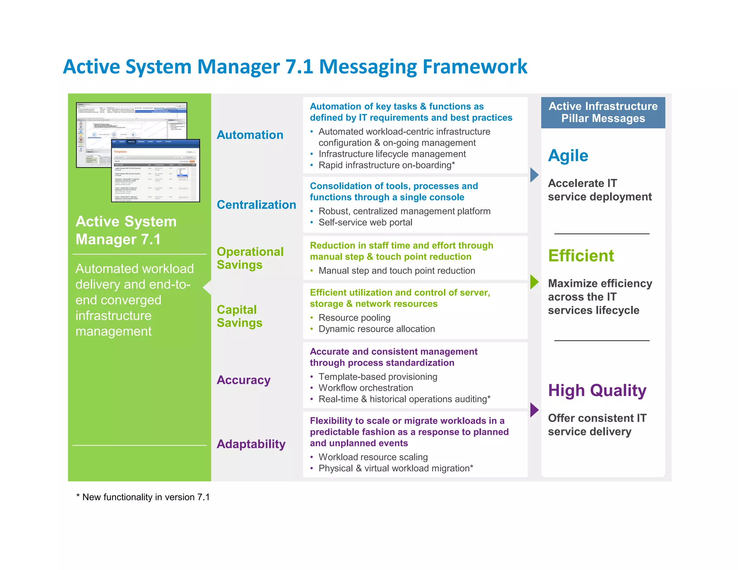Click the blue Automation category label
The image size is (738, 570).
point(250,135)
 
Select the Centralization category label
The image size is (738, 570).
point(256,205)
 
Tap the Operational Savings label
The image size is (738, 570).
point(250,258)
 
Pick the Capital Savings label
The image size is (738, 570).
point(239,316)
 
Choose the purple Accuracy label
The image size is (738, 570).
point(244,380)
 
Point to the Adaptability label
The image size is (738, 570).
point(251,444)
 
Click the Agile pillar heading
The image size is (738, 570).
point(568,156)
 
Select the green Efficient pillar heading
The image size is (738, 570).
point(581,256)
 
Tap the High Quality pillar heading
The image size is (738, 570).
point(597,391)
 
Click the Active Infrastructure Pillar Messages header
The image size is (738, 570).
point(603,112)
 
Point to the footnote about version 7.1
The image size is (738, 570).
point(143,497)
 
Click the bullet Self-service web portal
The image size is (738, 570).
point(365,222)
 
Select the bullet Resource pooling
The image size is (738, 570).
point(354,318)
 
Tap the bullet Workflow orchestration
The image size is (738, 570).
point(365,388)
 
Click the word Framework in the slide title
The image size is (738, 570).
point(475,67)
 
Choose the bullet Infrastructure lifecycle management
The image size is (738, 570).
point(392,154)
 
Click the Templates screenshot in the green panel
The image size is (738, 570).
point(156,170)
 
